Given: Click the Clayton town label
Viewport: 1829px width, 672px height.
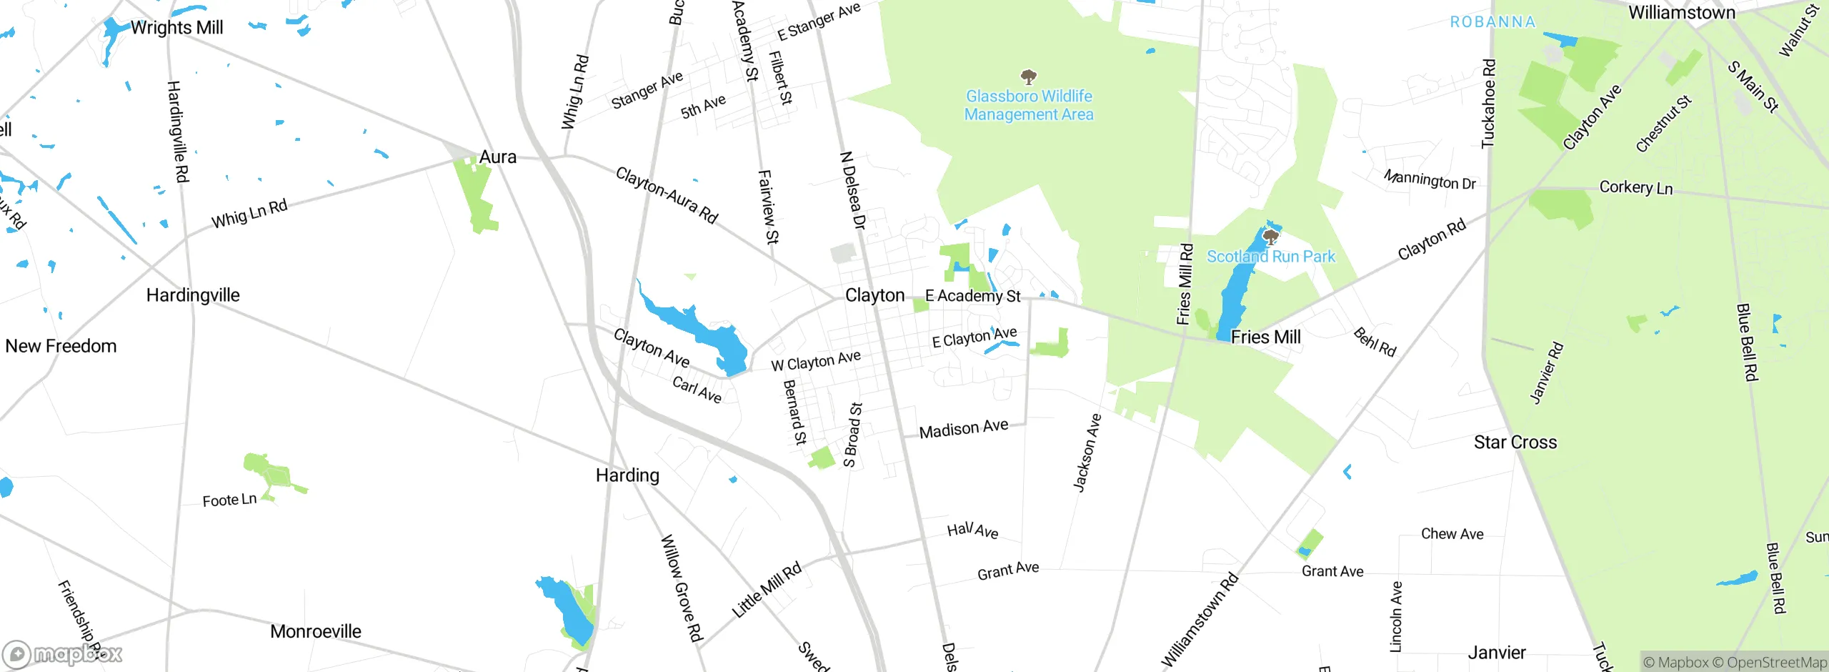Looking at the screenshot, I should click(874, 295).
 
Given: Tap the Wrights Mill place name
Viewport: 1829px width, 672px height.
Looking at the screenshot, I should click(176, 27).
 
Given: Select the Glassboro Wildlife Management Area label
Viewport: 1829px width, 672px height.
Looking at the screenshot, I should click(1029, 105).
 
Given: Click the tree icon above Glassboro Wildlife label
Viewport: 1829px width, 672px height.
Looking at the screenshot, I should click(1029, 76).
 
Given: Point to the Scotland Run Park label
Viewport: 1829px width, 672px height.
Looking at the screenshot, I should click(1270, 257).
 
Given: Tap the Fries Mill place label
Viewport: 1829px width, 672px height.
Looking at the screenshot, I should click(1265, 337).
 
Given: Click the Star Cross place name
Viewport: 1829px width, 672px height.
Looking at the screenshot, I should click(1515, 443).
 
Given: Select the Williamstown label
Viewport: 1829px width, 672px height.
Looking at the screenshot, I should click(1681, 13).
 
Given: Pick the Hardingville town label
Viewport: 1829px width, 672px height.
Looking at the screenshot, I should click(193, 295).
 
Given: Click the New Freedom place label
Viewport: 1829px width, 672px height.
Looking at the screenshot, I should click(61, 346).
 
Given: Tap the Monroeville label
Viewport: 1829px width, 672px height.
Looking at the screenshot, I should click(315, 631).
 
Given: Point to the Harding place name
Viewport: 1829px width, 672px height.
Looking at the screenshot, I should click(627, 475).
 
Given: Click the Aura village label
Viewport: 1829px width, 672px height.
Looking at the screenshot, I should click(497, 157).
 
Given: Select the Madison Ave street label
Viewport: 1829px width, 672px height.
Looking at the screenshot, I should click(963, 429).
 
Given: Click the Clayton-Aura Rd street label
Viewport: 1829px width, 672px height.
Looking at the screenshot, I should click(667, 195).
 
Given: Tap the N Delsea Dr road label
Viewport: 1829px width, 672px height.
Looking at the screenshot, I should click(852, 190).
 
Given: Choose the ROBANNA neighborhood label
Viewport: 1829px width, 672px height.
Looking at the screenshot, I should click(1492, 22).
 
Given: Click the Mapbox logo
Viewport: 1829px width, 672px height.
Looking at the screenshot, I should click(63, 654).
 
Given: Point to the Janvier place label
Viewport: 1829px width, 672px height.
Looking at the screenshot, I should click(1496, 653).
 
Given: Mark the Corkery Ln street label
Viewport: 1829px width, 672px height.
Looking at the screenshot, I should click(1635, 188).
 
